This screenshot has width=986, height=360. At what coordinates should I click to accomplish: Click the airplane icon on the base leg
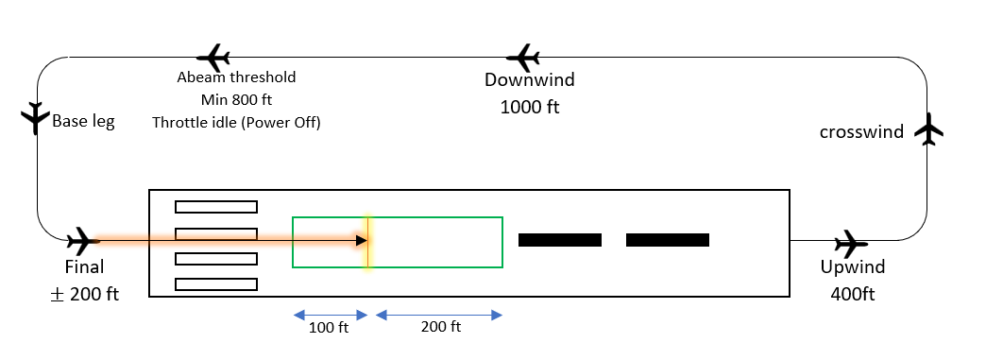pyautogui.click(x=35, y=118)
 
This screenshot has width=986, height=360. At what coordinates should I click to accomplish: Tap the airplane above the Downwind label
pyautogui.click(x=523, y=58)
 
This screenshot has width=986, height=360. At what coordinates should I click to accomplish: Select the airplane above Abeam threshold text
pyautogui.click(x=213, y=58)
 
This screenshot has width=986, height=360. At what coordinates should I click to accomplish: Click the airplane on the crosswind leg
pyautogui.click(x=928, y=129)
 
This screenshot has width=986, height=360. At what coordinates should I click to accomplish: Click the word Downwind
pyautogui.click(x=530, y=80)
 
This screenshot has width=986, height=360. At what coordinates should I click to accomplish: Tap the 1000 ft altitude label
pyautogui.click(x=530, y=107)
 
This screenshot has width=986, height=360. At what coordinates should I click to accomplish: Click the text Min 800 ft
pyautogui.click(x=236, y=99)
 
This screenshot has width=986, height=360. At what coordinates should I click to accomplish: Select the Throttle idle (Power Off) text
pyautogui.click(x=236, y=122)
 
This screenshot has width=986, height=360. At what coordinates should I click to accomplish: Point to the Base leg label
pyautogui.click(x=84, y=121)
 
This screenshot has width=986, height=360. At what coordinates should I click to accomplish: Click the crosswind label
pyautogui.click(x=861, y=132)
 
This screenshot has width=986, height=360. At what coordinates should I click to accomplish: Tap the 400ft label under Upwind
pyautogui.click(x=853, y=294)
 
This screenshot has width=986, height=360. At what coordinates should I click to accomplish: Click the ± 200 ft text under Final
pyautogui.click(x=84, y=294)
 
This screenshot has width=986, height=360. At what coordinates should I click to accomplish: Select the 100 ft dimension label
pyautogui.click(x=329, y=327)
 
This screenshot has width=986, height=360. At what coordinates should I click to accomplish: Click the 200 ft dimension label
pyautogui.click(x=441, y=327)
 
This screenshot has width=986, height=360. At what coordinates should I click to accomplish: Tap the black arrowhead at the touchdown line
pyautogui.click(x=362, y=240)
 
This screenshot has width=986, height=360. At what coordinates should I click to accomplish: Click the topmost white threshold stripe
pyautogui.click(x=216, y=206)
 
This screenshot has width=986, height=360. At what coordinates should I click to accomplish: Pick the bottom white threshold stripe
pyautogui.click(x=216, y=284)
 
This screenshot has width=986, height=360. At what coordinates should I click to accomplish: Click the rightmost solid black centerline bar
pyautogui.click(x=668, y=240)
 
